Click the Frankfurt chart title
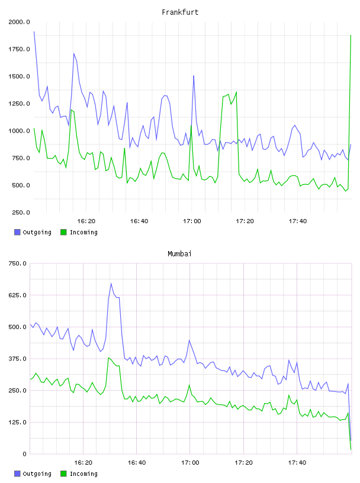pyautogui.click(x=180, y=12)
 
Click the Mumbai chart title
pyautogui.click(x=179, y=253)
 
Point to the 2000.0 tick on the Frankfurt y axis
pyautogui.click(x=19, y=22)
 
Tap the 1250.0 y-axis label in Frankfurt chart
pyautogui.click(x=19, y=104)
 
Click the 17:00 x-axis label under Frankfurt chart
pyautogui.click(x=192, y=221)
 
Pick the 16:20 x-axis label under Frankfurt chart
pyautogui.click(x=86, y=221)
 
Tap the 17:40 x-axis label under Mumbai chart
pyautogui.click(x=297, y=462)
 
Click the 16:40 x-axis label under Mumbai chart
pyautogui.click(x=137, y=462)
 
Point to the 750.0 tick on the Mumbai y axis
pyautogui.click(x=18, y=263)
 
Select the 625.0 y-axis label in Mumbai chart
pyautogui.click(x=18, y=295)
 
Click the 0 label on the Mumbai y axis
pyautogui.click(x=24, y=454)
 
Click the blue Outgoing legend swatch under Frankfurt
pyautogui.click(x=17, y=232)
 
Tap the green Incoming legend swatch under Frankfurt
pyautogui.click(x=63, y=232)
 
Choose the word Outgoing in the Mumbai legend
pyautogui.click(x=37, y=474)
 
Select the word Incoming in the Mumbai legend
pyautogui.click(x=83, y=474)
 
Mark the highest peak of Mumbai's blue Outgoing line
pyautogui.click(x=111, y=284)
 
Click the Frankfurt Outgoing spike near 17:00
pyautogui.click(x=194, y=76)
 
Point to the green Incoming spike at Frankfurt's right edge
pyautogui.click(x=351, y=36)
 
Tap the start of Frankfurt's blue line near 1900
pyautogui.click(x=34, y=31)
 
